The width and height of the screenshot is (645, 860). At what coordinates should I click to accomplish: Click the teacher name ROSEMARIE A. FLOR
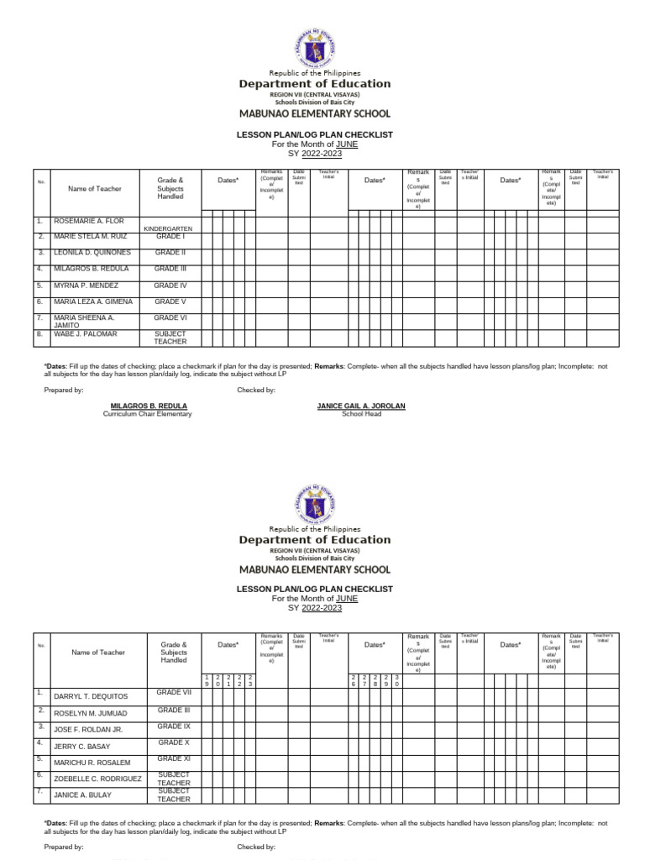point(89,221)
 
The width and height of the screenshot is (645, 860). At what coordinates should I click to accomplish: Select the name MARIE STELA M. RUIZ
point(91,237)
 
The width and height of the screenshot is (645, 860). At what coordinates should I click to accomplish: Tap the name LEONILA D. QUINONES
point(92,253)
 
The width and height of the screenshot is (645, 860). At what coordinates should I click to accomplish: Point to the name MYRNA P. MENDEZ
point(86,286)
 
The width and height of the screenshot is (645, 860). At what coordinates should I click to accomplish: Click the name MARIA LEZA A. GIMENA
point(93,302)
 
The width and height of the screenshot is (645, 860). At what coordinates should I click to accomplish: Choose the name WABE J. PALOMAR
point(86,334)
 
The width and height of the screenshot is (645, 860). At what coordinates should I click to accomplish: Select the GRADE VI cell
point(170,318)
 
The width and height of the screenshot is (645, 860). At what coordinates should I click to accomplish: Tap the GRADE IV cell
point(170,286)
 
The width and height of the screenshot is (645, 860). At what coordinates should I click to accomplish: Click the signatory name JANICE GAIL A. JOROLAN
point(360,406)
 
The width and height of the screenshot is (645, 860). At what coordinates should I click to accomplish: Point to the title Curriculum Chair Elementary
point(147,414)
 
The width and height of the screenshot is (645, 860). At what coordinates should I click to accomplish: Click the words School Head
point(360,414)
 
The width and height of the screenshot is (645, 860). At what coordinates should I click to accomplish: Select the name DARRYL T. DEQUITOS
point(92,697)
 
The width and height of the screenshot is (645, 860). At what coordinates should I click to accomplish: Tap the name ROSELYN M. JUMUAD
point(91,713)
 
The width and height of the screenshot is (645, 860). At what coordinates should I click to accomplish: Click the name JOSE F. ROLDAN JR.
point(88,730)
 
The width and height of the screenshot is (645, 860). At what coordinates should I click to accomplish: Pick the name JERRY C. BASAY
point(84,746)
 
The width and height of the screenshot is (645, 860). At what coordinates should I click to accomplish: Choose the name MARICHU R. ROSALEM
point(92,763)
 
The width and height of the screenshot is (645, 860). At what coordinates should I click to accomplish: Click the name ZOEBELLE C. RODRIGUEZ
point(98,779)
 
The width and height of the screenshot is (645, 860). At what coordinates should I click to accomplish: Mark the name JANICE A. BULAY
point(82,794)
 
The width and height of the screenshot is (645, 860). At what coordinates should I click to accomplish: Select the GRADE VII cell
point(174,693)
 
